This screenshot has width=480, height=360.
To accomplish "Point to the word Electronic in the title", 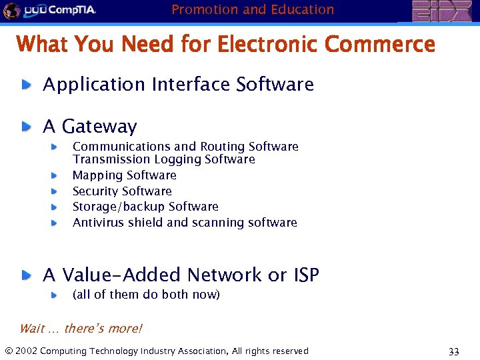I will pos(269,45).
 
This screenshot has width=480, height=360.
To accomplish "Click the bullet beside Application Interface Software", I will pos(25,85).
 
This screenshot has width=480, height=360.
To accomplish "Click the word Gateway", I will pos(99,127).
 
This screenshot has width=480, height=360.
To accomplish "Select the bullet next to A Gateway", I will pos(25,126).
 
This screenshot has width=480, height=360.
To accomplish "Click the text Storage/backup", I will pos(119,207).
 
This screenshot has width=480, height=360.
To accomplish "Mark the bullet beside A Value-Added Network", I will pos(25,275).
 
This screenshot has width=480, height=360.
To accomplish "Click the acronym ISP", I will pos(303,275).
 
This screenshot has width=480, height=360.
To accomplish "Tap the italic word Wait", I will pos(31,328).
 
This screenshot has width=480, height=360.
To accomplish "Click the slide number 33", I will pos(454,352).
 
